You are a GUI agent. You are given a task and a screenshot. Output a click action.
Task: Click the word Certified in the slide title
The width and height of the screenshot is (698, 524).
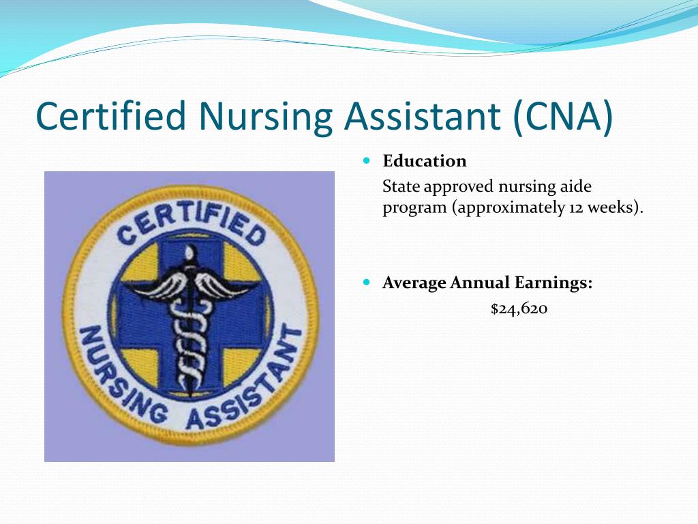[110, 115]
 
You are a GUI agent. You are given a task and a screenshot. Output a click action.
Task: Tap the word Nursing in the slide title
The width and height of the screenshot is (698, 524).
[265, 117]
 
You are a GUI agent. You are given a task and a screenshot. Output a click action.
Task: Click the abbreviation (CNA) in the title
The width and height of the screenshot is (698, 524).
[563, 117]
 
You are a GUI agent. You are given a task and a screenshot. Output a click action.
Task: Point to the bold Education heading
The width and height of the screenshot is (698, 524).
[425, 161]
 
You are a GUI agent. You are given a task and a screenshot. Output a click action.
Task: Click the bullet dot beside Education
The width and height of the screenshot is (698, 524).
[367, 160]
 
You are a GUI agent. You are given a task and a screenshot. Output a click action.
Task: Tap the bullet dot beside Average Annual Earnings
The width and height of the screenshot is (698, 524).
[367, 282]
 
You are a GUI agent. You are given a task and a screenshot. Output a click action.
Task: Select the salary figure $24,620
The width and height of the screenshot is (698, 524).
[519, 308]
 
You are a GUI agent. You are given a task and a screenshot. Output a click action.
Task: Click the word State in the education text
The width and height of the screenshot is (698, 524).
[401, 186]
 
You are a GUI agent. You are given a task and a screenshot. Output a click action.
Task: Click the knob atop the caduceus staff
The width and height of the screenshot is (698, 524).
[190, 253]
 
